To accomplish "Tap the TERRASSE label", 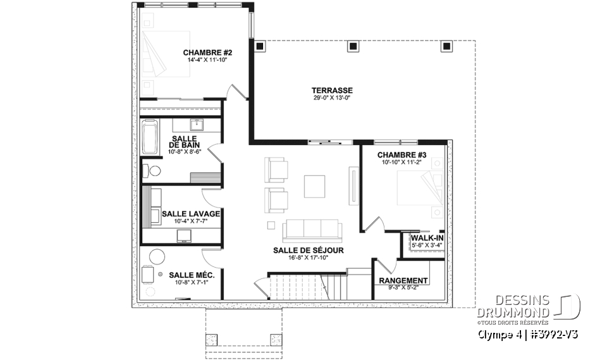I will point(332,90).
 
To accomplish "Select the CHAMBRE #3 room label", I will point(402,155).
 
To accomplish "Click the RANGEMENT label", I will point(403,280).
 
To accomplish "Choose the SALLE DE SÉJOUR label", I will point(309,250).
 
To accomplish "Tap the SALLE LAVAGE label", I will point(190,214).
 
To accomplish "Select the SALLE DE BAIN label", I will point(183,142).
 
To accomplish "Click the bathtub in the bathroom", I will point(149,137).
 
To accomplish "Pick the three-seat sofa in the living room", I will point(311,229).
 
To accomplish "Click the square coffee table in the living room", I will point(315,186).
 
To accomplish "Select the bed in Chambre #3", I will point(417,186).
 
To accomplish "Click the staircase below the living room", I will point(300,285).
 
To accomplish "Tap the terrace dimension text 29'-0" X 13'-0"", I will point(332,98).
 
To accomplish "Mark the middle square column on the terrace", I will point(352,46).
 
